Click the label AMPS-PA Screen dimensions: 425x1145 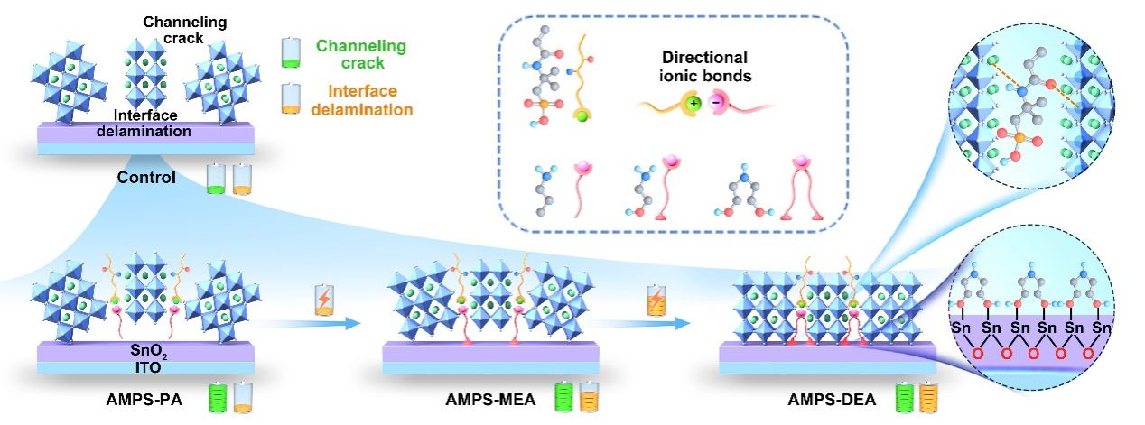tap(144, 401)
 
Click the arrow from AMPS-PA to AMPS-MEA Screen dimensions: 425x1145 tap(320, 321)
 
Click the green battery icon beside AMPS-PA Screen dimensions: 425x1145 tap(216, 398)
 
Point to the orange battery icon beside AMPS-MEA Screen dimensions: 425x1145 tap(588, 398)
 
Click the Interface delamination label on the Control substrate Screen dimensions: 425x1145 tap(144, 124)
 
